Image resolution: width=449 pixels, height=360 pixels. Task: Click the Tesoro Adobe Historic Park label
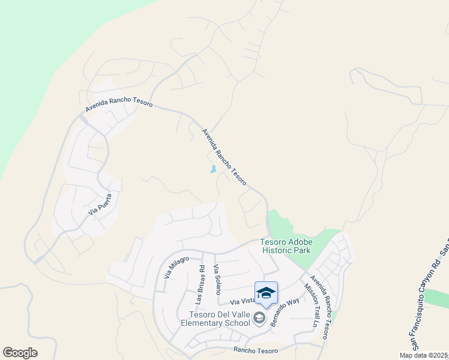tap(286, 246)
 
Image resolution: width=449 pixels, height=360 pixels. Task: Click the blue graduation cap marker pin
tap(266, 293)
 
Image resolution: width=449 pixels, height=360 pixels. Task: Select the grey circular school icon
tap(259, 318)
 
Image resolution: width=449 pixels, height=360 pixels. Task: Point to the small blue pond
tap(213, 169)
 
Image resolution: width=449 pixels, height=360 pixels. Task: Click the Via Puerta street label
tap(100, 204)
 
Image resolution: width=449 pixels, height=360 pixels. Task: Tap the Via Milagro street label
tap(176, 267)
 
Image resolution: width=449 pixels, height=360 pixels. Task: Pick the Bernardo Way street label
tap(285, 313)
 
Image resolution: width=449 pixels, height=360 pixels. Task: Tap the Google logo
tap(20, 353)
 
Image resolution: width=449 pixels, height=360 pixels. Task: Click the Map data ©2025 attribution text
tap(423, 355)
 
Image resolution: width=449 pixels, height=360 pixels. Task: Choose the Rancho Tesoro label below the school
tap(255, 350)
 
